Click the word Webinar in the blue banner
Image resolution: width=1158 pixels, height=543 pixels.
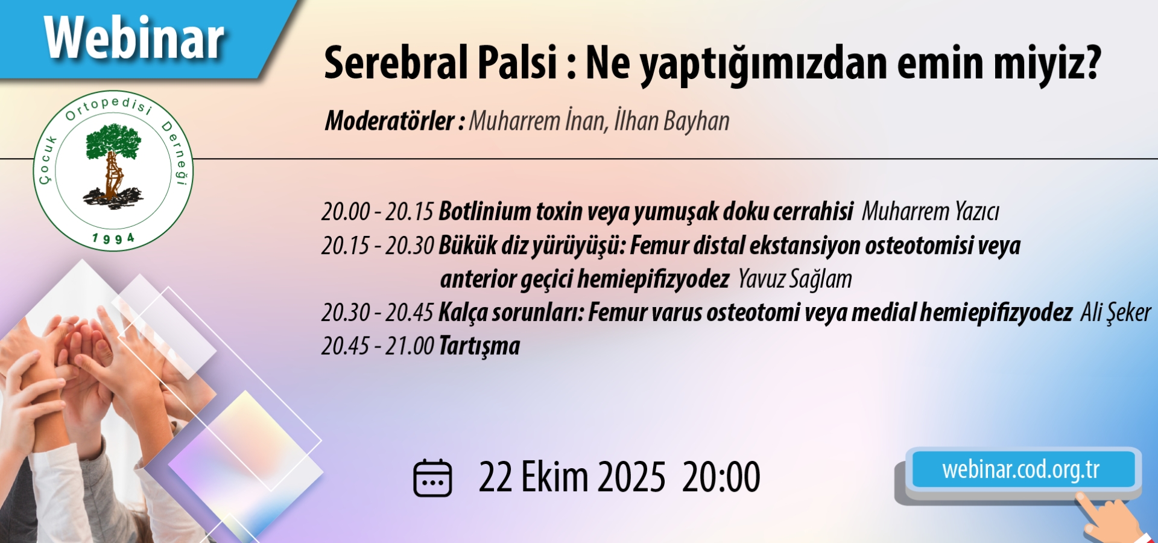pyautogui.click(x=134, y=38)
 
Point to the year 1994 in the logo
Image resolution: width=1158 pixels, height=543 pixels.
pyautogui.click(x=113, y=239)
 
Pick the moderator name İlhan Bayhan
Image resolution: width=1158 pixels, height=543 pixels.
pyautogui.click(x=672, y=121)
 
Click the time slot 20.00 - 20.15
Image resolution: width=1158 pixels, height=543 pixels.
pyautogui.click(x=378, y=212)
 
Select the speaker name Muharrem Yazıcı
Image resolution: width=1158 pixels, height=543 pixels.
pyautogui.click(x=930, y=212)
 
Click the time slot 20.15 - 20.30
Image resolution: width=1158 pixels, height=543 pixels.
pyautogui.click(x=378, y=246)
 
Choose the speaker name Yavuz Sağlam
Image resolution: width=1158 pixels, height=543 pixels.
pyautogui.click(x=795, y=279)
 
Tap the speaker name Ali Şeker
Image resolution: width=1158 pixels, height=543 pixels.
pyautogui.click(x=1115, y=313)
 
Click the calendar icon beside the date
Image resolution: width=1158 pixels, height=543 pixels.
pyautogui.click(x=432, y=478)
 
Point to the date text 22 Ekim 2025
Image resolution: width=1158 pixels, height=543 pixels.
pyautogui.click(x=572, y=477)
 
